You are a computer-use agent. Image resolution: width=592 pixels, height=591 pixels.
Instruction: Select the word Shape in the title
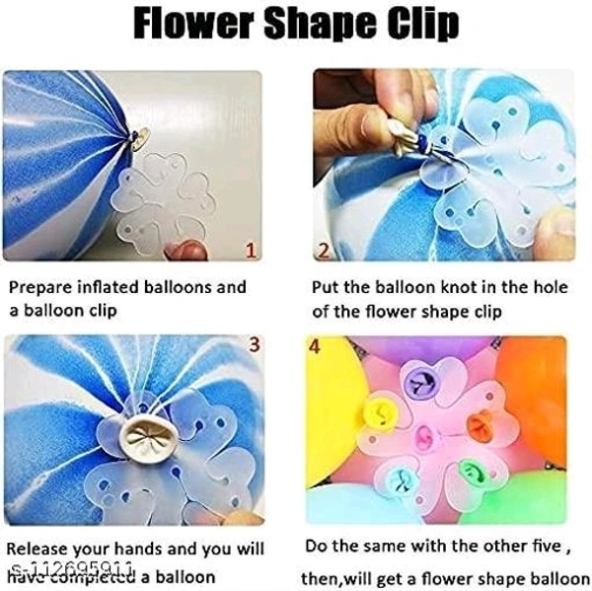pos(328,27)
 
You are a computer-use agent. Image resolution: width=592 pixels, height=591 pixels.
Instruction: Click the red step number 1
pos(249,252)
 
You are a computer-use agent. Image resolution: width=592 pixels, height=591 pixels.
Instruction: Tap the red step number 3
pos(254,344)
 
